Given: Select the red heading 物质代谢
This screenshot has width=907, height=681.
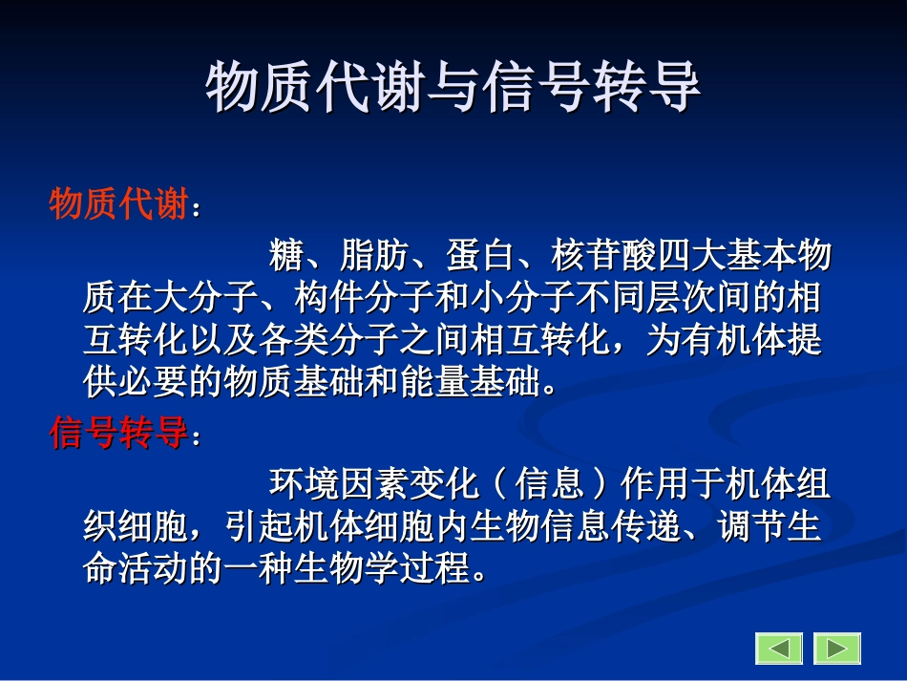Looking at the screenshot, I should pyautogui.click(x=117, y=204).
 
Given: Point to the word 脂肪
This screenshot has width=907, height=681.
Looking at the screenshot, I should pyautogui.click(x=374, y=256).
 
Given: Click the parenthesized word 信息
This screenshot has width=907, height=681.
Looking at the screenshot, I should pyautogui.click(x=550, y=485).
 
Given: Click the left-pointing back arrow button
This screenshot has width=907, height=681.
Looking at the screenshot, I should pyautogui.click(x=779, y=649).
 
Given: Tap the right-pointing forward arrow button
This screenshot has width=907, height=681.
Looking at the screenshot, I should pyautogui.click(x=837, y=649).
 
